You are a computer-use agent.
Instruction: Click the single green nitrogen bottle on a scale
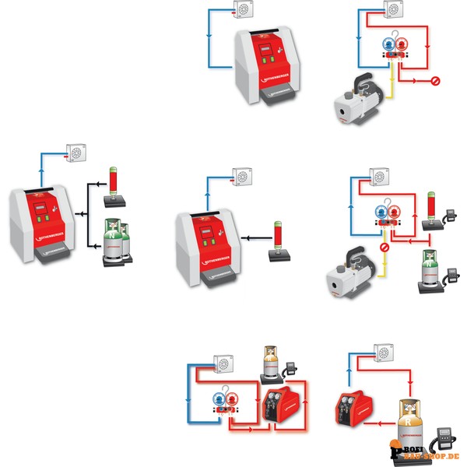(427, 269)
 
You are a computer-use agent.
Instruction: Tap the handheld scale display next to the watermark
(448, 436)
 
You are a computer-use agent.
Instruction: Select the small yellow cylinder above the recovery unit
(270, 363)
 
